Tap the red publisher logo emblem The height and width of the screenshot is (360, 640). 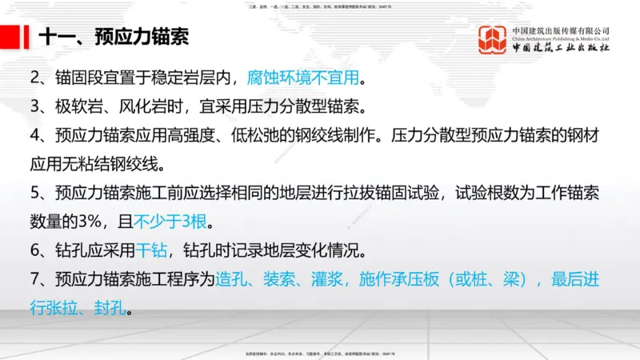pyautogui.click(x=493, y=40)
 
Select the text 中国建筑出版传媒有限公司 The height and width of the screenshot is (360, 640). pyautogui.click(x=561, y=30)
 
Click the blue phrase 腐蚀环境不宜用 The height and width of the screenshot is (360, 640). pyautogui.click(x=303, y=79)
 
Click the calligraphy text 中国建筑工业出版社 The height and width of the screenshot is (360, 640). pyautogui.click(x=561, y=48)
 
